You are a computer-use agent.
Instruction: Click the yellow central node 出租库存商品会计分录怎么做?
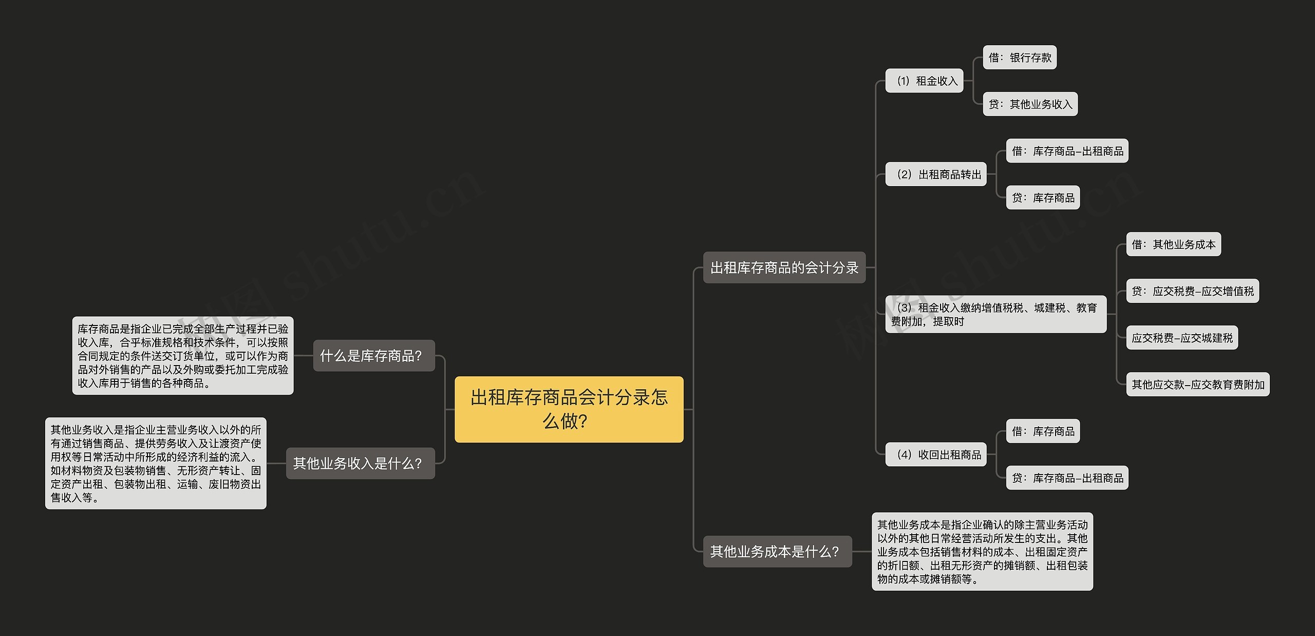[x=569, y=409]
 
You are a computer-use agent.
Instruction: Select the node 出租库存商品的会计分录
[x=784, y=267]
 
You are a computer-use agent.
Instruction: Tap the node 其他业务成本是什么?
[x=777, y=552]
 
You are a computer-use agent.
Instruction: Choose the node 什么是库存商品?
[x=373, y=355]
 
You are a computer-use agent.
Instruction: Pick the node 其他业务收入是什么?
[x=360, y=463]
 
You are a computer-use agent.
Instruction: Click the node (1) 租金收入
[x=924, y=81]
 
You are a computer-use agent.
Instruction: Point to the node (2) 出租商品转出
[x=935, y=174]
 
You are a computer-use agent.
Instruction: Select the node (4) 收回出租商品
[x=935, y=455]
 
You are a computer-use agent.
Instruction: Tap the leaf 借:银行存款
[x=1019, y=58]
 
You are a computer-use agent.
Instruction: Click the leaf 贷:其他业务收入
[x=1030, y=104]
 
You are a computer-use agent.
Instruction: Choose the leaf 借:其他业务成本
[x=1173, y=244]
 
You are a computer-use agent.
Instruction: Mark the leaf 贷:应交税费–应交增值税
[x=1192, y=291]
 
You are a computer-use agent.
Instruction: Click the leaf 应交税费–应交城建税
[x=1181, y=338]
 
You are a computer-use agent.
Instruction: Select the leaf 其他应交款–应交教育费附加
[x=1197, y=385]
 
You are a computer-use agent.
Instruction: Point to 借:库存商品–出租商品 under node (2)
[x=1067, y=151]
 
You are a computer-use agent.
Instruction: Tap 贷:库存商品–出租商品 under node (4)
[x=1067, y=478]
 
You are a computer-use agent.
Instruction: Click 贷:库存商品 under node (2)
[x=1042, y=197]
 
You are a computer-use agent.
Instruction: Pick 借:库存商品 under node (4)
[x=1042, y=431]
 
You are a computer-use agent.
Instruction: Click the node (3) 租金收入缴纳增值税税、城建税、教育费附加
[x=995, y=314]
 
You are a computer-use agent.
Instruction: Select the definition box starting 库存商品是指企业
[x=183, y=355]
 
